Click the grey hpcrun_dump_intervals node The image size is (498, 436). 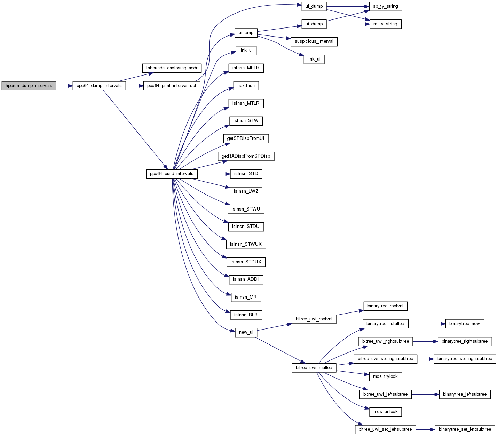pos(29,86)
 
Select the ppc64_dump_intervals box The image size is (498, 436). pos(99,86)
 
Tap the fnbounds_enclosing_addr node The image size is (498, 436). pos(172,68)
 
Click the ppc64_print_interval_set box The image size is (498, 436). pos(172,86)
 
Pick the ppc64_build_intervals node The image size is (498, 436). pos(172,174)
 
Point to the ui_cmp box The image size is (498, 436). pos(246,33)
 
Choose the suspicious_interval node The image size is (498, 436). pos(314,41)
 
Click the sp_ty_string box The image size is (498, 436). pos(385,6)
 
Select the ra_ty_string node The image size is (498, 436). pos(385,24)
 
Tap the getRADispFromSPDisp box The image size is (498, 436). pos(246,156)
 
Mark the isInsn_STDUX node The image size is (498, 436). pos(246,262)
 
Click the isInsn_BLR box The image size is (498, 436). pos(246,315)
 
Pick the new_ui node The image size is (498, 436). pos(246,332)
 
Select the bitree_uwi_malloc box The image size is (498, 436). pos(314,368)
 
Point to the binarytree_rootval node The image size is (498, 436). pos(385,306)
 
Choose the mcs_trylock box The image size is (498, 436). pos(385,376)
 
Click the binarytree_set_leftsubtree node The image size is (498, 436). pos(465,429)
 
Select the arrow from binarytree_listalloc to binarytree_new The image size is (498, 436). pos(427,324)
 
